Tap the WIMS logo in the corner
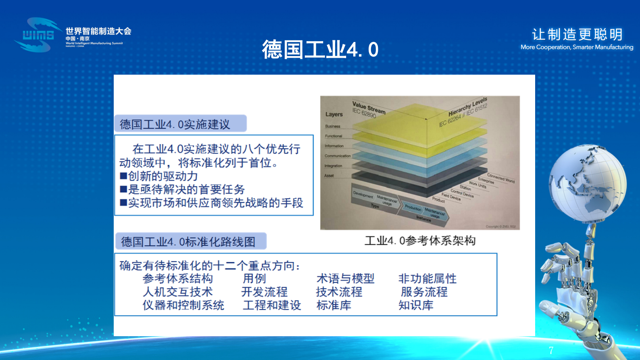click(38, 35)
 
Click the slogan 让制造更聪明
click(577, 35)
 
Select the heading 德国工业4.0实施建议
click(175, 124)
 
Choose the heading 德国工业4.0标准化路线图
click(188, 242)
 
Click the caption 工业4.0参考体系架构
click(420, 241)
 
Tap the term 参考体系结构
click(177, 278)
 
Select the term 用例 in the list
click(254, 278)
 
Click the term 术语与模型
click(345, 278)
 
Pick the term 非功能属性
click(427, 278)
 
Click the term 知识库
click(416, 305)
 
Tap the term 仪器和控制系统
click(183, 305)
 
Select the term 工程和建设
click(272, 305)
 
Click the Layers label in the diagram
click(334, 115)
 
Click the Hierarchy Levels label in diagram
click(467, 107)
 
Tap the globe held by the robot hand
click(587, 184)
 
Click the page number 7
click(551, 350)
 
